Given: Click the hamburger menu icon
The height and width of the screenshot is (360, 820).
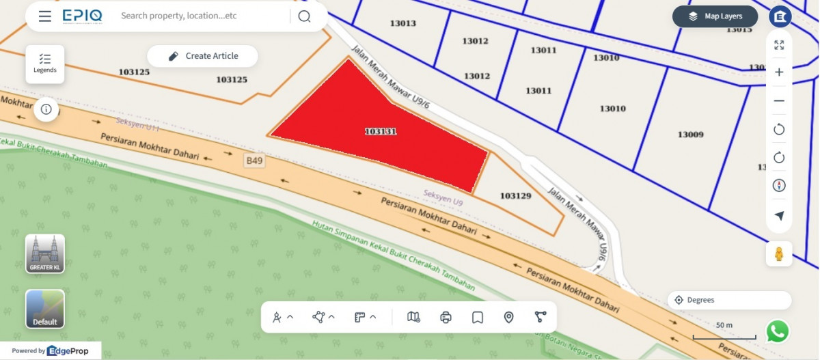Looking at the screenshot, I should coord(45,16).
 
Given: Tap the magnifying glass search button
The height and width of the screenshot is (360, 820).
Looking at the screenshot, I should coord(304,16).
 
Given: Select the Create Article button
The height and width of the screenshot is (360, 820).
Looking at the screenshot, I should coord(203,56).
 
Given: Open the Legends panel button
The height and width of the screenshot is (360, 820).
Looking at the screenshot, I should coord(45,64).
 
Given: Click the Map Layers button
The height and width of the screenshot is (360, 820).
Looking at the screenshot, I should coord(715,16).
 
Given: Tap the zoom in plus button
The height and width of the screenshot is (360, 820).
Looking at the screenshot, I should coord(779,72).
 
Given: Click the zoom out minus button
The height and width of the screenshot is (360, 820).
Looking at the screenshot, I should coord(779,101).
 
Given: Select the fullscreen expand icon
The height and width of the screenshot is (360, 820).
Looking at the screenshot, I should coord(779,45).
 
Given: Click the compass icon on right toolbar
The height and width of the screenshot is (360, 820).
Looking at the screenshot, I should coord(779,186).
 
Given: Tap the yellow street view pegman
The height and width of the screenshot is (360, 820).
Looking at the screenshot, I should coord(778,254).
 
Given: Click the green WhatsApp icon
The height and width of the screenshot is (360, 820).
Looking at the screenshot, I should coord(778,331).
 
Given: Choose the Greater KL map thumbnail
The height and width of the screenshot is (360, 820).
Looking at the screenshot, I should coord(45,254).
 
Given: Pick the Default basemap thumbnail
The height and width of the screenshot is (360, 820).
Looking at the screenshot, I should coord(45,309).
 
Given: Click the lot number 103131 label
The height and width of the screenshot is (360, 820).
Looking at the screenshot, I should coord(381,131).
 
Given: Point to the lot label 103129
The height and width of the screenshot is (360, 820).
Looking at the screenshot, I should coord(515,196).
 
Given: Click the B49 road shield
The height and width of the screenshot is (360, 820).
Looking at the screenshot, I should coord(254,161).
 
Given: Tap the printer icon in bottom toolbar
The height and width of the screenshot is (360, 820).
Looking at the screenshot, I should coord(446,317).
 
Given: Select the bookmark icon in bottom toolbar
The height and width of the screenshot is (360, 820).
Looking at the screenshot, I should coord(478,317).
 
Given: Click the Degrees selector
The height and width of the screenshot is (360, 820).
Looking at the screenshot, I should coord(729,300).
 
